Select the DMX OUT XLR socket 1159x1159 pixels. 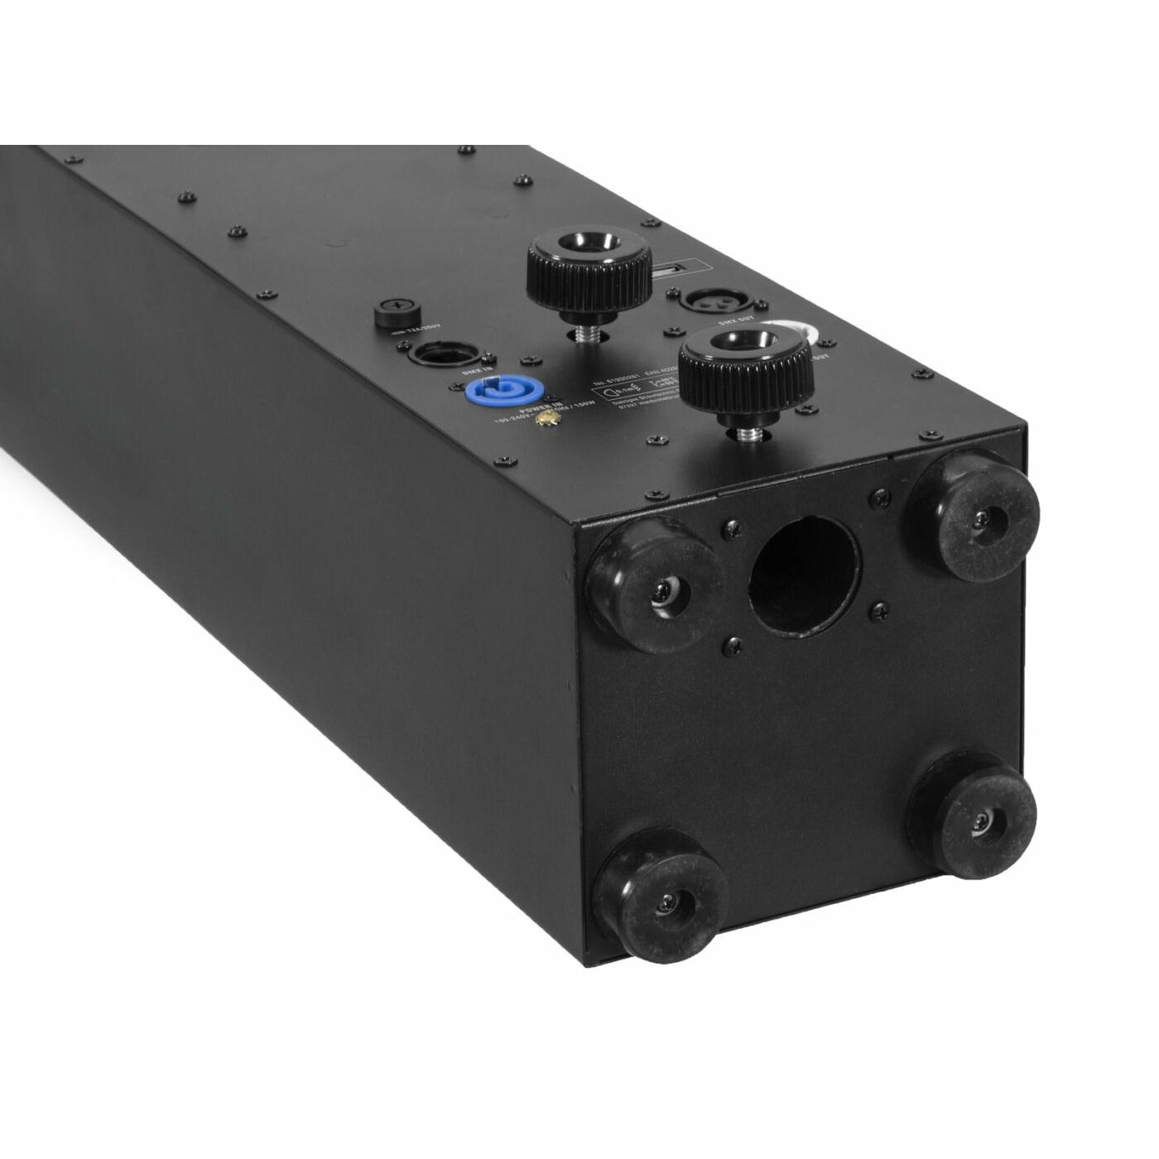point(702,298)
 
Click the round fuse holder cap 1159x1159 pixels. point(395,314)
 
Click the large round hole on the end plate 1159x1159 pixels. point(804,572)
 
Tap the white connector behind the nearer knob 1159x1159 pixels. point(804,335)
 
